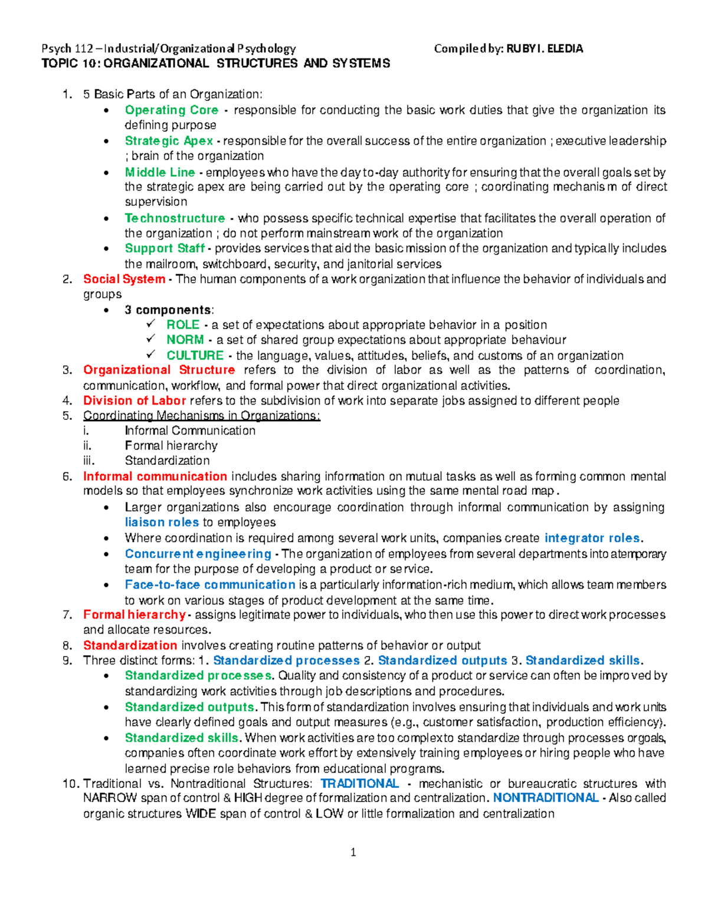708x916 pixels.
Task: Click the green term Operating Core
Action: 171,110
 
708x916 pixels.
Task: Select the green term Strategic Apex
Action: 169,141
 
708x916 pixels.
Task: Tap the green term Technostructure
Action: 175,218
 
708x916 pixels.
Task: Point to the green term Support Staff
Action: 165,248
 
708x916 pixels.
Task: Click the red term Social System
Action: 124,279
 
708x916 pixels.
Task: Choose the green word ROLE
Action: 183,325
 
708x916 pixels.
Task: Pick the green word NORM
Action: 185,340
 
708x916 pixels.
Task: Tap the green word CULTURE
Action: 195,356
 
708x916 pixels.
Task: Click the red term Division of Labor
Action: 135,401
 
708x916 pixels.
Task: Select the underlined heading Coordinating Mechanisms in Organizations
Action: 201,416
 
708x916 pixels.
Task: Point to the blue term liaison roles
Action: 162,523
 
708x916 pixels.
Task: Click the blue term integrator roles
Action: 592,538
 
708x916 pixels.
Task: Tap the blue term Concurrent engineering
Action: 198,554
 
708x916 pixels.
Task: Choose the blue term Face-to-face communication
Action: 210,585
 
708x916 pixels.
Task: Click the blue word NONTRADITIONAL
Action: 546,798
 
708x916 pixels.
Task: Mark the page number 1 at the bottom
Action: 353,852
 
